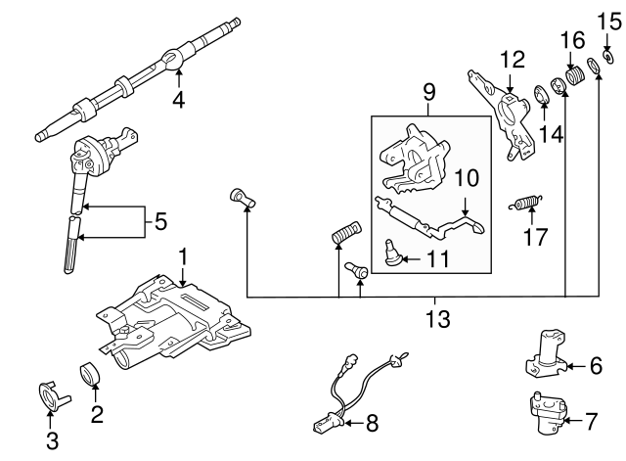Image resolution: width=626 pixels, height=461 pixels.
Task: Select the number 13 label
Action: (x=437, y=318)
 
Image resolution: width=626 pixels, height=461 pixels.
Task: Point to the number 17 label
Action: (x=534, y=237)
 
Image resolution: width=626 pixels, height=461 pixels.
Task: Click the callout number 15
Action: (x=603, y=20)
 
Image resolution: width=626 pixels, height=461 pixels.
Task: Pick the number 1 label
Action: (x=182, y=256)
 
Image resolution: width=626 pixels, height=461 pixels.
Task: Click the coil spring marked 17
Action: (x=527, y=205)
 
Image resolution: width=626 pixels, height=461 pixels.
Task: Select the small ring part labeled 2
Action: (x=89, y=374)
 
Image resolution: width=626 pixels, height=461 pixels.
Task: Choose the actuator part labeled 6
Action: (x=546, y=354)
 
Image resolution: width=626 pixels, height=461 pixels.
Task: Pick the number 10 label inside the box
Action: (x=466, y=178)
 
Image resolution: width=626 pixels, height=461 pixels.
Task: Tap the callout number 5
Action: (x=161, y=222)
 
